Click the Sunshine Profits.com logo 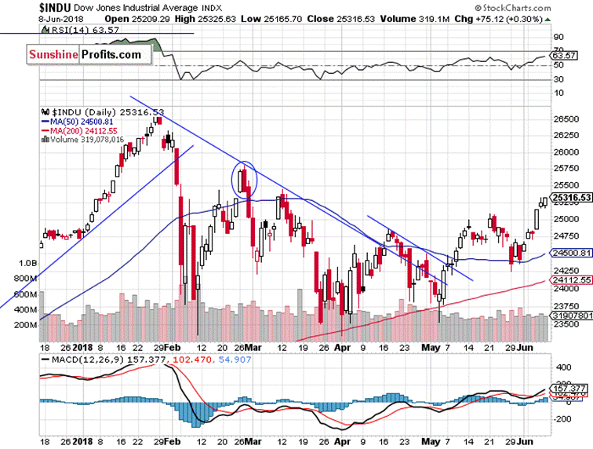[x=86, y=54]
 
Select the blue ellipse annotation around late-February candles [x=246, y=179]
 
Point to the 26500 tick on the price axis [x=565, y=119]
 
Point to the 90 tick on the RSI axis [x=558, y=37]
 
